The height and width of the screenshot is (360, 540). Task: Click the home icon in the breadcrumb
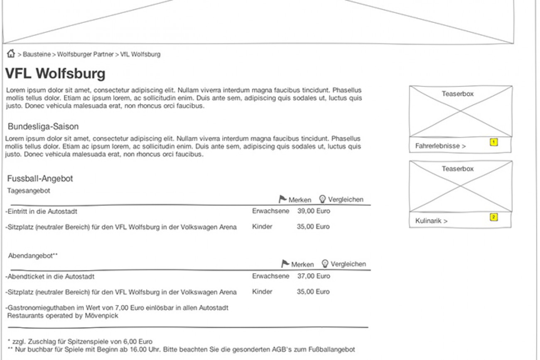pos(11,54)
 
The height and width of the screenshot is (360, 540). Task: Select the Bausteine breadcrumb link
pos(37,54)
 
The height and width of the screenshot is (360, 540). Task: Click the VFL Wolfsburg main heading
pos(55,74)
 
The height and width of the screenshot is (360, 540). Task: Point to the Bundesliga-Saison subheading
pos(43,127)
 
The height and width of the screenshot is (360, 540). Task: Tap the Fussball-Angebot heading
pos(40,179)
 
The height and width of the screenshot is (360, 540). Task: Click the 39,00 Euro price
pos(314,211)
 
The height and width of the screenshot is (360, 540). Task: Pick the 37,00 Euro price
pos(314,276)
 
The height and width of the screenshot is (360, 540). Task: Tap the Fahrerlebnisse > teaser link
pos(440,146)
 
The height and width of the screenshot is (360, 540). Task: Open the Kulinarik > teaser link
pos(431,221)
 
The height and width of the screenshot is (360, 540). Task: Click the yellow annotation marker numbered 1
pos(493,142)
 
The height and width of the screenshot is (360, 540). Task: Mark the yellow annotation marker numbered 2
pos(493,217)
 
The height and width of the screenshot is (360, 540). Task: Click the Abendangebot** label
pos(33,256)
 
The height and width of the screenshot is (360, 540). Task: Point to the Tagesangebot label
pos(29,191)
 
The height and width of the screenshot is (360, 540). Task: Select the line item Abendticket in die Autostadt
pos(51,277)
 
